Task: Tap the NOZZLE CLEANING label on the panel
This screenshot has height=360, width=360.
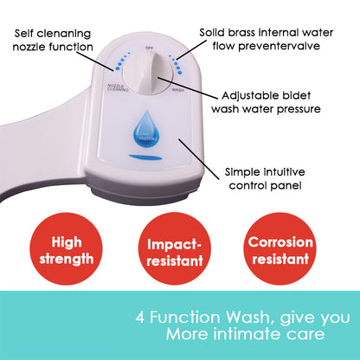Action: coord(116,87)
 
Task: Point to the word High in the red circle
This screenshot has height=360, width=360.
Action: coord(67,242)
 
